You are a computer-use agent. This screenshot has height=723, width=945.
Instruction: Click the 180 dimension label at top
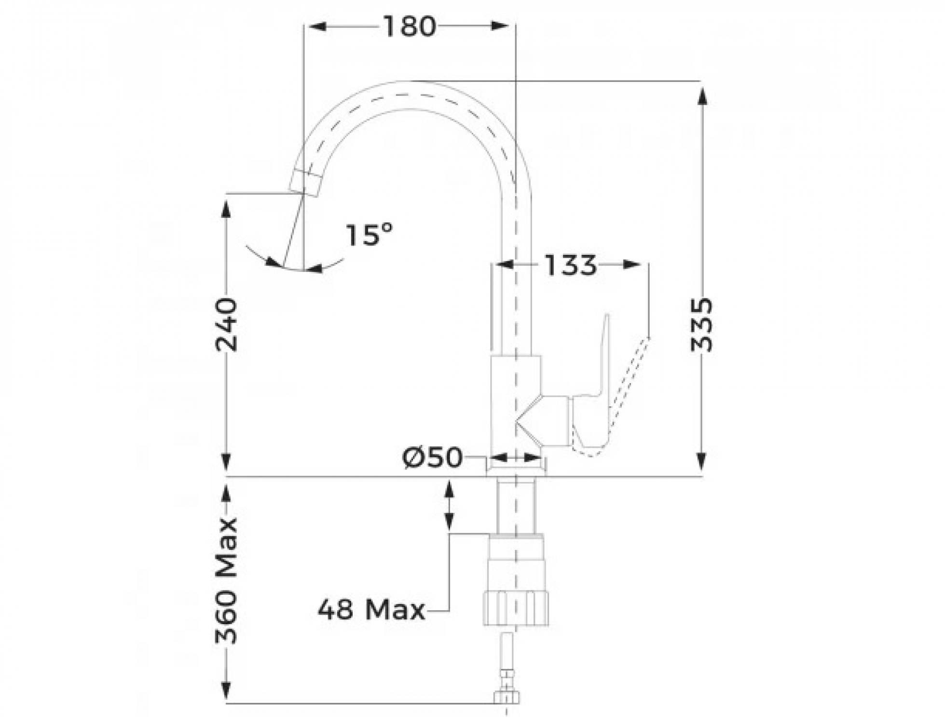pos(409,27)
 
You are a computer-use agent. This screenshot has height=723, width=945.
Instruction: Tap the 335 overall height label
pos(702,325)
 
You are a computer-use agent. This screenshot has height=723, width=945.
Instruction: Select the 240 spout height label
pos(226,325)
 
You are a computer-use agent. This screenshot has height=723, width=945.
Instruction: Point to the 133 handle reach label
pos(571,265)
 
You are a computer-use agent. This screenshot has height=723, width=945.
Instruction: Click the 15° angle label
pos(369,235)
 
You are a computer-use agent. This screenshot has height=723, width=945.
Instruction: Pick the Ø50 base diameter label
pos(433,457)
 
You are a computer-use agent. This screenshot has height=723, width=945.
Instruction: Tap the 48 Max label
pos(371,610)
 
